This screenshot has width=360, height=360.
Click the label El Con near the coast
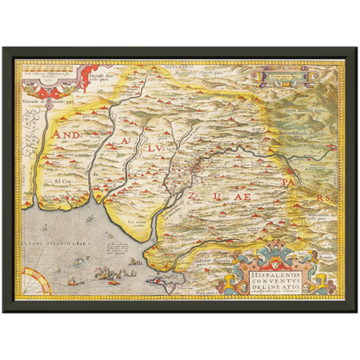tap(62, 181)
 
